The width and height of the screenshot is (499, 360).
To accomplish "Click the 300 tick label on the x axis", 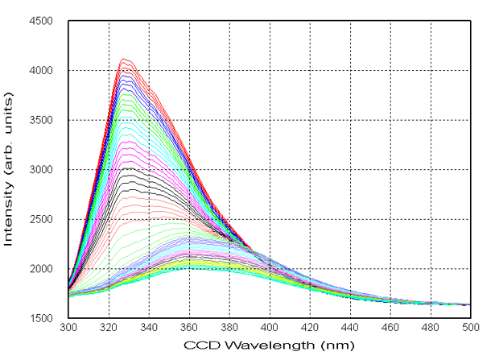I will point(68,329).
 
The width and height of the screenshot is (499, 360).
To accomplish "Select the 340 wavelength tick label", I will point(149,329).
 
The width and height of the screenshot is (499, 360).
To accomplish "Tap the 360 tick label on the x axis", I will point(189,329).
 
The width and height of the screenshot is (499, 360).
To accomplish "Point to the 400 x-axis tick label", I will point(270,329).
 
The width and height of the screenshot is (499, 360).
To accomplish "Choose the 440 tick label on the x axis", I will point(350,329).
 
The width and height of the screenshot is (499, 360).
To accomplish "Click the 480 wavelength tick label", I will point(431,329).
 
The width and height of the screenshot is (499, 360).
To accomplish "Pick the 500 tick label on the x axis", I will point(471,329).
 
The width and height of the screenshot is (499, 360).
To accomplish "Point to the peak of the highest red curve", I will point(123,59).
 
